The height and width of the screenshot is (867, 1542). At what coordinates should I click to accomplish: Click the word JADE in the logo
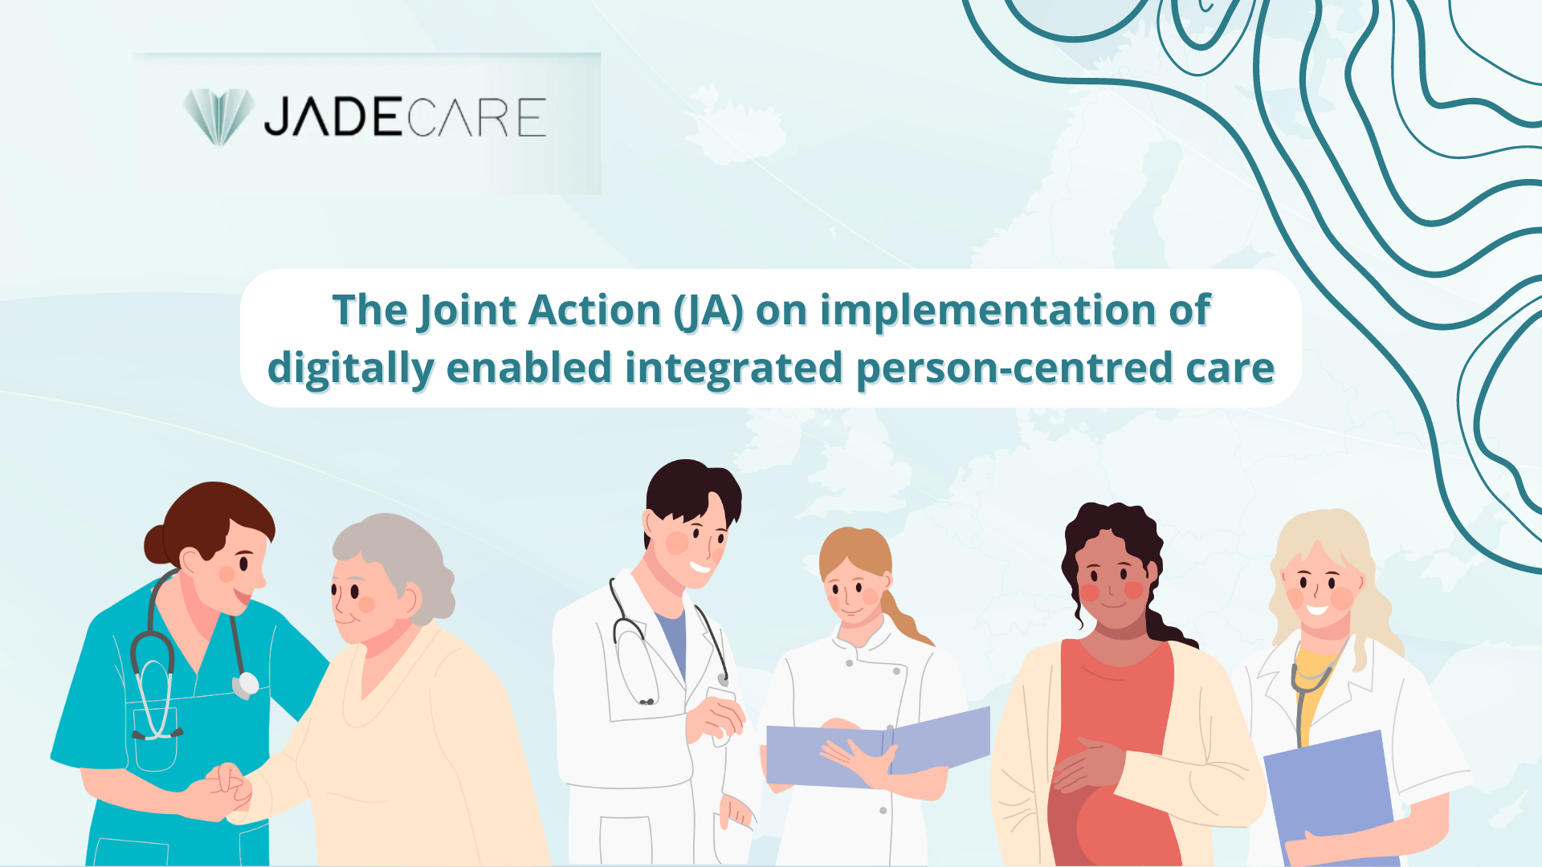click(x=334, y=117)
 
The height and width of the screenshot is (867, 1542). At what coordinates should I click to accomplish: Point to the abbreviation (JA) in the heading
click(x=709, y=311)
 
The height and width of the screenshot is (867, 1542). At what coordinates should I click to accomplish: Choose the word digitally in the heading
click(x=351, y=368)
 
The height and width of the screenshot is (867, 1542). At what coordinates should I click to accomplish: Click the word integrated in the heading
click(x=733, y=368)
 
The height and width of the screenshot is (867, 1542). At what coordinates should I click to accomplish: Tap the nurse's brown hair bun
click(x=159, y=543)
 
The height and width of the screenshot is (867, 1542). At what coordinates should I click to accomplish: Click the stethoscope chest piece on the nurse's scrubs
click(x=246, y=685)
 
